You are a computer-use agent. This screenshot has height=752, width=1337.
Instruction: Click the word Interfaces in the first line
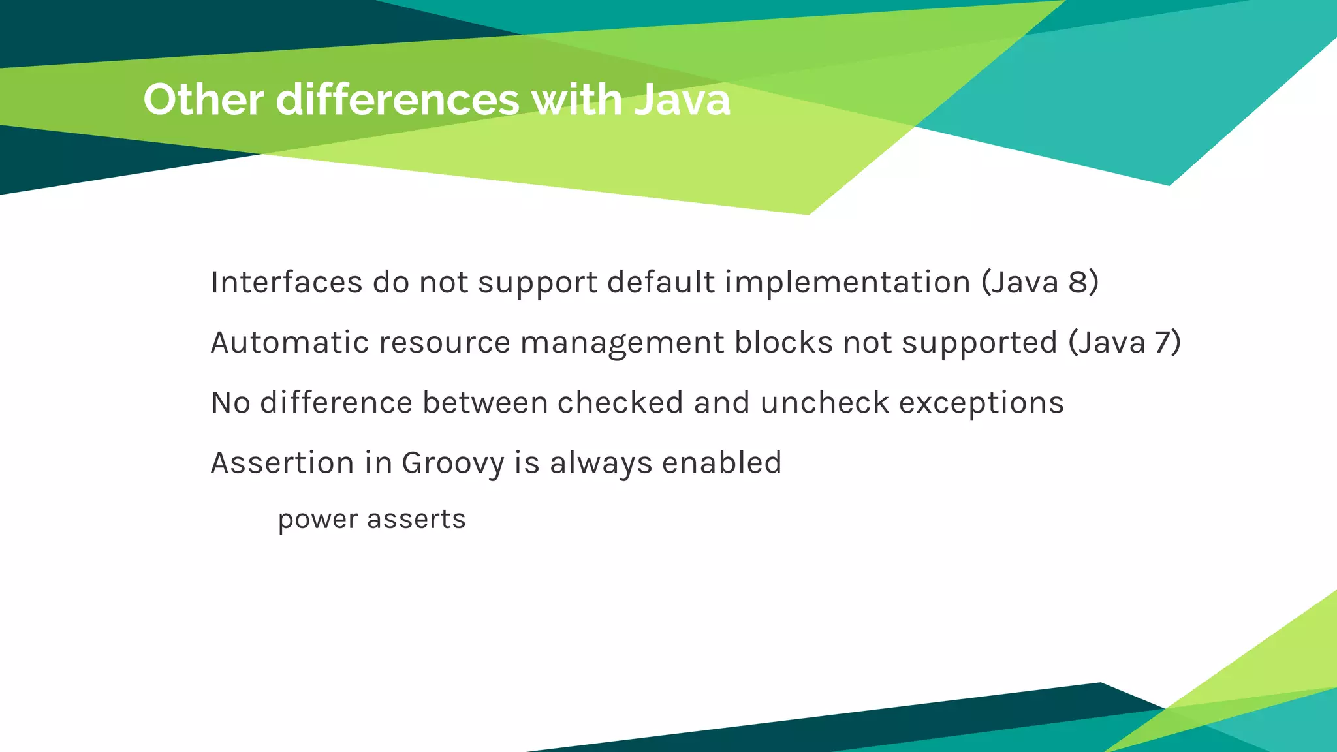[287, 282]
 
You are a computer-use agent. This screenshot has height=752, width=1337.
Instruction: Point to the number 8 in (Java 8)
[1078, 282]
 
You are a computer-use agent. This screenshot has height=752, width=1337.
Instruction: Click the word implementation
[847, 283]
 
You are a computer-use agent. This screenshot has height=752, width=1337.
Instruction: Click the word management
[622, 343]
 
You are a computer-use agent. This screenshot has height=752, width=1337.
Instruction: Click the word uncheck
[825, 402]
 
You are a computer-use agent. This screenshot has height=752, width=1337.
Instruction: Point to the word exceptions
[981, 403]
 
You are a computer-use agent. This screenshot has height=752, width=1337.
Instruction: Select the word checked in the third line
[620, 402]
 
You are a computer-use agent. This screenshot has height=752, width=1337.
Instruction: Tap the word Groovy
[453, 463]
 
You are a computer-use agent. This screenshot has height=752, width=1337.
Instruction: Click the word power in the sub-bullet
[318, 520]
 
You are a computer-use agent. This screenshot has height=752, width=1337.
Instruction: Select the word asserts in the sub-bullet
[416, 520]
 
